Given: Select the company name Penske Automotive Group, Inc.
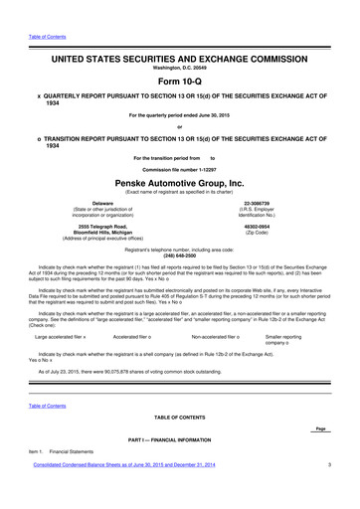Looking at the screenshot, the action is click(x=181, y=183).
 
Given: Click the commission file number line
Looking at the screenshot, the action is click(x=181, y=170).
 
